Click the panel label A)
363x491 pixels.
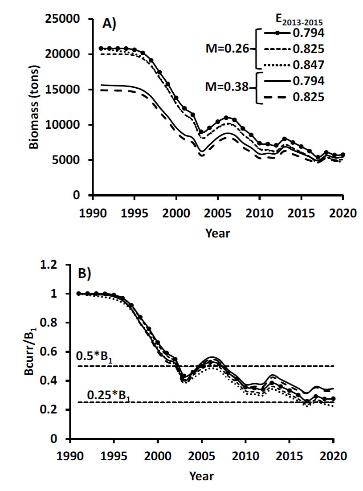point(109,24)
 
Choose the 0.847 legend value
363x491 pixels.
point(308,65)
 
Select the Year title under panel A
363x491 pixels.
point(218,233)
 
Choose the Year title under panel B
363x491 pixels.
point(201,476)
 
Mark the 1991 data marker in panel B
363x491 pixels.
point(79,294)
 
